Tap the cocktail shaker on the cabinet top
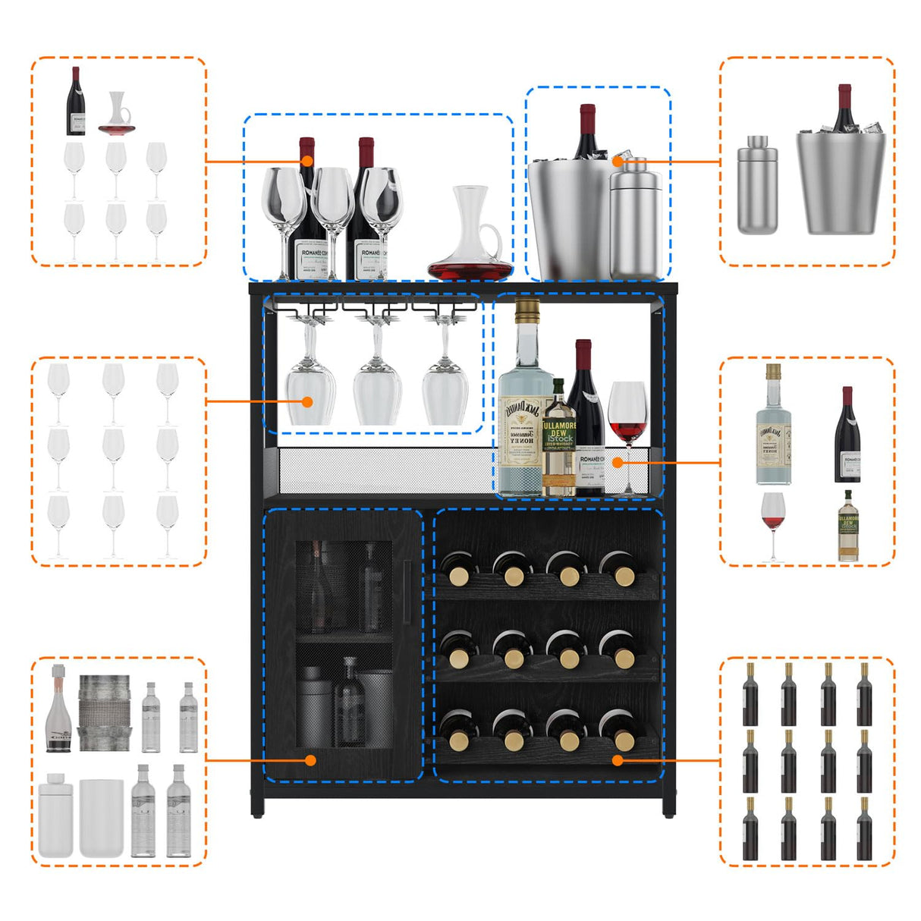636,220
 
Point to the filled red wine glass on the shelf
627,417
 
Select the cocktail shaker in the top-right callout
757,186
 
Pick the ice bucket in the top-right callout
841,182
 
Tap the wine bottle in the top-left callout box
76,102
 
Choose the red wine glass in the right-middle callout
773,523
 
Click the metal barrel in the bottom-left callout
105,713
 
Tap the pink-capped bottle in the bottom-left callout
58,709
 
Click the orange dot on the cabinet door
310,759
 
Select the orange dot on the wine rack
618,759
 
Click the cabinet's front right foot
668,809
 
